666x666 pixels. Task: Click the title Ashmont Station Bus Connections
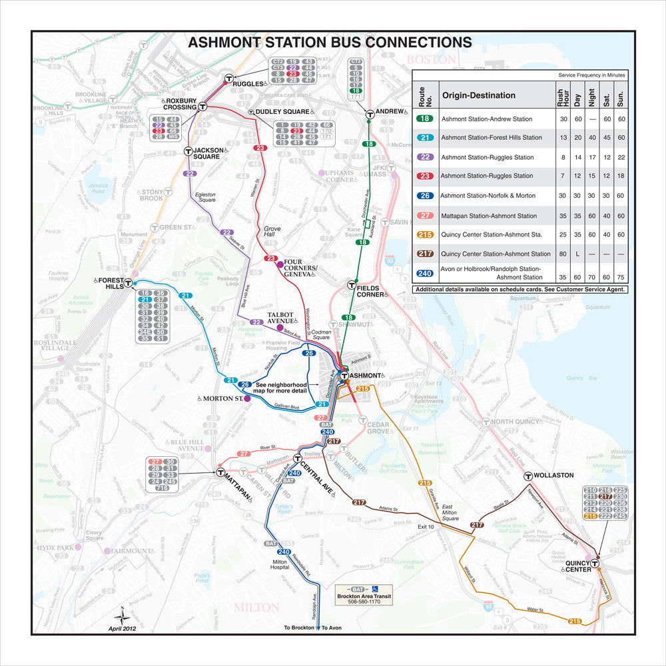[x=330, y=43]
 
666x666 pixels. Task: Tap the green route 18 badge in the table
[x=425, y=119]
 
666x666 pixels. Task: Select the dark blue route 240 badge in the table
[x=425, y=273]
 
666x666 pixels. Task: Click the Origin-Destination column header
[x=478, y=95]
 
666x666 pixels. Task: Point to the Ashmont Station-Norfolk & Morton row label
[x=488, y=196]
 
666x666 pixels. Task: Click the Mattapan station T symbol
[x=220, y=473]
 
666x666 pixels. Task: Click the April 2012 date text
[x=127, y=628]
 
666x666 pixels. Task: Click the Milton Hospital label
[x=280, y=564]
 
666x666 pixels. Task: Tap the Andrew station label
[x=390, y=111]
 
